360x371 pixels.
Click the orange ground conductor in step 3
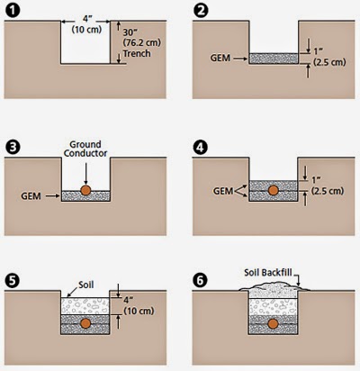[85, 191]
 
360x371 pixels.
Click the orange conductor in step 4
[271, 191]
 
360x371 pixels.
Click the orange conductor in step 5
[85, 324]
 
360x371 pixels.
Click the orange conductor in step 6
[271, 324]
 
